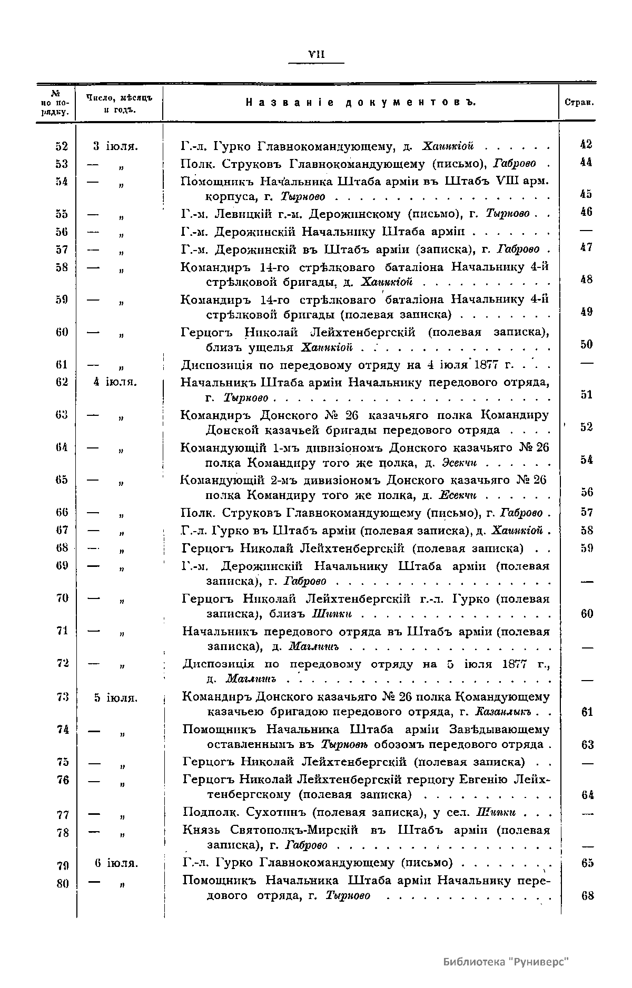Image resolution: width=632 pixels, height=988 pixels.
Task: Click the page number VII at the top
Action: tap(316, 54)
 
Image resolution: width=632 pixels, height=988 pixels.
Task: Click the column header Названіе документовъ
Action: tap(361, 103)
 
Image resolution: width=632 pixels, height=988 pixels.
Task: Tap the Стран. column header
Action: tap(579, 103)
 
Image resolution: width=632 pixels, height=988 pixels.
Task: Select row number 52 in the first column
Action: tap(62, 146)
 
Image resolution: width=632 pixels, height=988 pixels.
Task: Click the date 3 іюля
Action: tap(116, 146)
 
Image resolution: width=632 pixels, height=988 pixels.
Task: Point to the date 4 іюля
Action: tap(115, 382)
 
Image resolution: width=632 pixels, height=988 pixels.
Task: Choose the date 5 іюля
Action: tap(116, 698)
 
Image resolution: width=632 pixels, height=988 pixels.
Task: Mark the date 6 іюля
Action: tap(116, 864)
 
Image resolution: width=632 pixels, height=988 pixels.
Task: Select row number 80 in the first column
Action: tap(62, 884)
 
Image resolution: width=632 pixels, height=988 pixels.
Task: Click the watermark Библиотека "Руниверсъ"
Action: tap(506, 962)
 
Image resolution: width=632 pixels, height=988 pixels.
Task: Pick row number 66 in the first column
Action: tap(62, 512)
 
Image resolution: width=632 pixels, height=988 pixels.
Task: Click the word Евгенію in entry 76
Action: tap(485, 779)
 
